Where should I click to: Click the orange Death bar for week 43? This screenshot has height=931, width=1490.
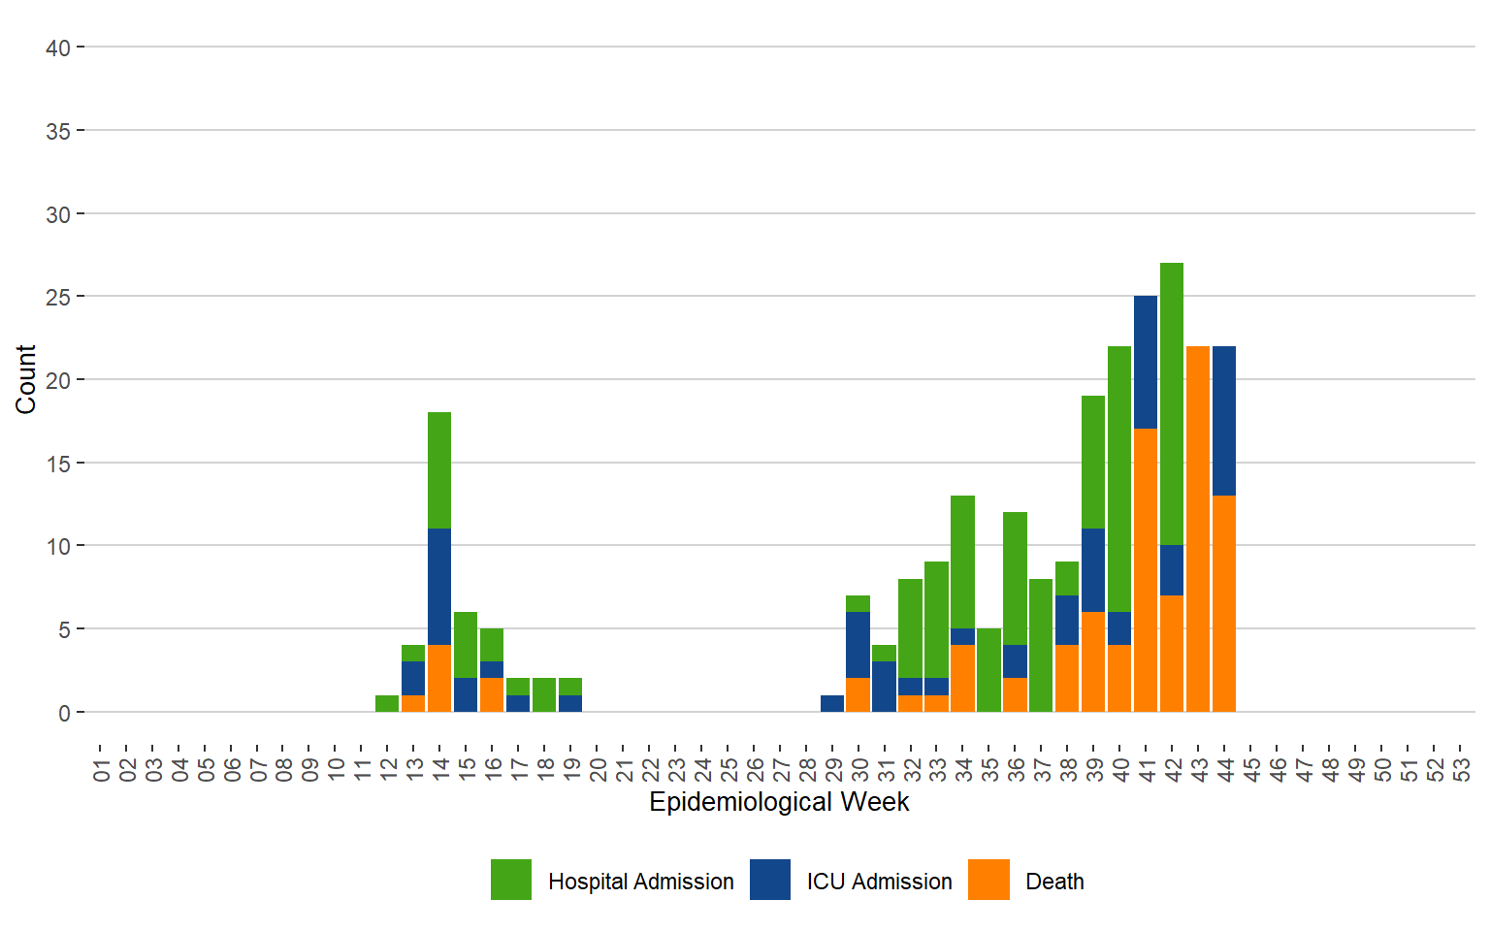point(1198,529)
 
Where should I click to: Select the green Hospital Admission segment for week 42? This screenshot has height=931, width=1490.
point(1172,403)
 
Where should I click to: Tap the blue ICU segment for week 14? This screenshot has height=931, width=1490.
point(439,586)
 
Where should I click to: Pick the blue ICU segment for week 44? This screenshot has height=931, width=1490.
point(1224,421)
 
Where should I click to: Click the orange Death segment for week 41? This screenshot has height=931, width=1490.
point(1146,570)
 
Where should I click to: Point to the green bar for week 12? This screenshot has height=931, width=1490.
point(387,703)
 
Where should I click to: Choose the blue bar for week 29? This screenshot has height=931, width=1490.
point(832,703)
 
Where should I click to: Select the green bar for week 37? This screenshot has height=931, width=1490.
point(1041,645)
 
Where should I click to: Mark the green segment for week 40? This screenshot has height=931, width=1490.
point(1119,479)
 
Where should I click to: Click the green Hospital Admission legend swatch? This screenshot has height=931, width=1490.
point(511,880)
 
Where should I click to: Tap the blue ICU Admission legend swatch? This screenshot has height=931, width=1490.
point(770,880)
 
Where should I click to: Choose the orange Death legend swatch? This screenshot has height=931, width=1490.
point(988,880)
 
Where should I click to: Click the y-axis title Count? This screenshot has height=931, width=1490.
point(25,379)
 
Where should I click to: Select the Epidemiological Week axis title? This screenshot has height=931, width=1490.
point(779,802)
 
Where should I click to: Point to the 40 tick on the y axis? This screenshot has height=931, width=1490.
point(58,48)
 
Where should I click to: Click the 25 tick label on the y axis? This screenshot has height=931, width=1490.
point(58,297)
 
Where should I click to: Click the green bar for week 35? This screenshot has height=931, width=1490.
point(988,670)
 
